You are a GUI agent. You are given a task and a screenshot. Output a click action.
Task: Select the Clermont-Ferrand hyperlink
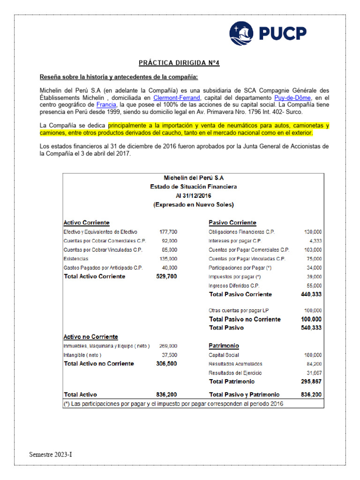[177, 98]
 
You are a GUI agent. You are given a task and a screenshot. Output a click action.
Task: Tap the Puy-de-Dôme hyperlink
[292, 98]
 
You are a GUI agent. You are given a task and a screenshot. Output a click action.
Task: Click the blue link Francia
[105, 105]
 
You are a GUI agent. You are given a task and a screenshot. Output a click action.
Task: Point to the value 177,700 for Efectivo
[168, 232]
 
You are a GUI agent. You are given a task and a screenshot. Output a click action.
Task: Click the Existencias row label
[75, 259]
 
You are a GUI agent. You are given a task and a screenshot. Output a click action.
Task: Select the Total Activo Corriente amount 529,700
[166, 277]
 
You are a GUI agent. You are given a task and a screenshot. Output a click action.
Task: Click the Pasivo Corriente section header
[232, 223]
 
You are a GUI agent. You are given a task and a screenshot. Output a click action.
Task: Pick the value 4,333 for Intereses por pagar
[314, 241]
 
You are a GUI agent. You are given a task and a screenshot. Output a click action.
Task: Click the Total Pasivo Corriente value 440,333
[311, 294]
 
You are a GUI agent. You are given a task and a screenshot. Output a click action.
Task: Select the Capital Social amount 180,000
[313, 355]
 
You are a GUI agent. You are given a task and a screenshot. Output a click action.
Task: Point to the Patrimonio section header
[224, 346]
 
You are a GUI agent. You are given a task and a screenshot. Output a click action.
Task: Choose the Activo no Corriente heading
[90, 337]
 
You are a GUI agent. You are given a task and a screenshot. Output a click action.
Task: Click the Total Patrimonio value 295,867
[311, 382]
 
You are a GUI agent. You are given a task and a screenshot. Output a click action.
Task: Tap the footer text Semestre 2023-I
[51, 455]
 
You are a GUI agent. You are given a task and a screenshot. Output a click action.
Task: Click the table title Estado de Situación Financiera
[194, 187]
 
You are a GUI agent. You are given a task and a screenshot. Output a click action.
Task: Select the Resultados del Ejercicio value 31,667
[313, 373]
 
